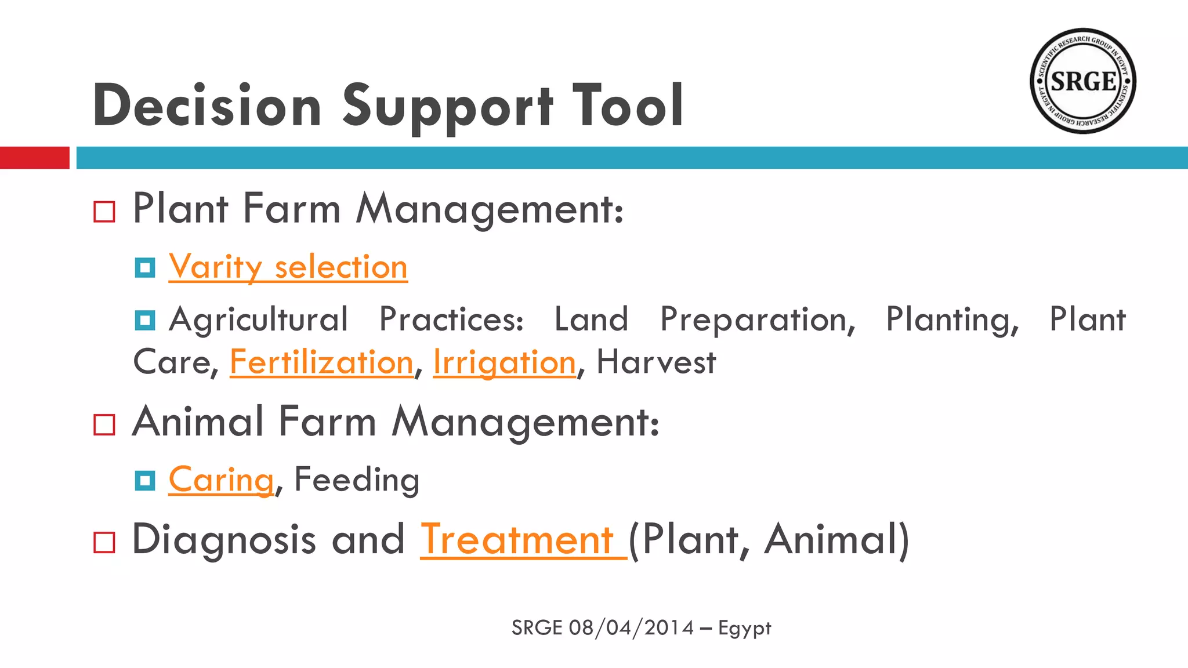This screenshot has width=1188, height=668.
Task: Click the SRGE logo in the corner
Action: pos(1082,81)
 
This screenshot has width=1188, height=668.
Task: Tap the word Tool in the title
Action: pos(628,106)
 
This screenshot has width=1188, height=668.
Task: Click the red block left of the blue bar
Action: pos(34,158)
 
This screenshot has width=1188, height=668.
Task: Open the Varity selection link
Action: pos(288,267)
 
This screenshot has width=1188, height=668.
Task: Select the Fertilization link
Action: pos(321,362)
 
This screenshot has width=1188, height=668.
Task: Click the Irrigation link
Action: pos(504,362)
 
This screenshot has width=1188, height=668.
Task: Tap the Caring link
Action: pos(221,480)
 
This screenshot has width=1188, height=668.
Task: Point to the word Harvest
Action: pos(656,362)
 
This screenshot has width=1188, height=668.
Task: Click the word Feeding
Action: pos(357,480)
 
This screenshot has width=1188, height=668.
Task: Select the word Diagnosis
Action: pos(224,539)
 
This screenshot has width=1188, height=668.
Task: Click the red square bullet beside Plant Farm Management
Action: pos(104,212)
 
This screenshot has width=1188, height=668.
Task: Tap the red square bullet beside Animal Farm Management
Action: pos(104,425)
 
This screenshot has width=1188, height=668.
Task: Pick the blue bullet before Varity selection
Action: pos(144,268)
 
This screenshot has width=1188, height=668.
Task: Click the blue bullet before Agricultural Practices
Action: pos(144,320)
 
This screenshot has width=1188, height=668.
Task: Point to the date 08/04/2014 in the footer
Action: pos(631,627)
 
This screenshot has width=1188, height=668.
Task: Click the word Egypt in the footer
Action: pos(745,629)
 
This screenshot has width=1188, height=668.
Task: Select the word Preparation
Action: pos(757,320)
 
